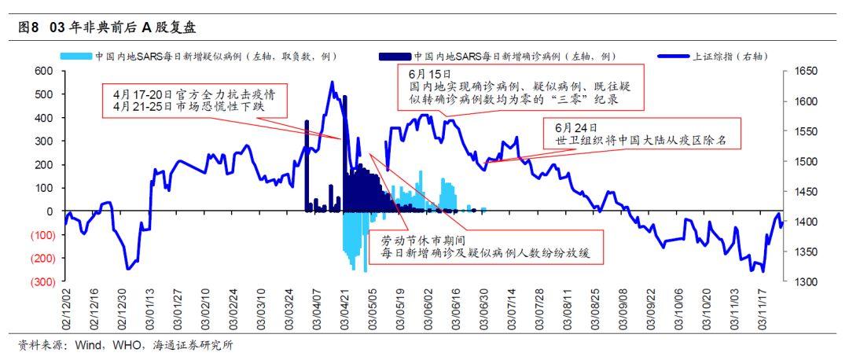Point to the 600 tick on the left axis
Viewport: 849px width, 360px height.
pyautogui.click(x=44, y=71)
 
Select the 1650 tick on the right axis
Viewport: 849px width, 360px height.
pyautogui.click(x=807, y=71)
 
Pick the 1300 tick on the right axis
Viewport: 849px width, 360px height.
pyautogui.click(x=807, y=282)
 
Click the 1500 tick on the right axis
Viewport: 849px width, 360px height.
pyautogui.click(x=807, y=162)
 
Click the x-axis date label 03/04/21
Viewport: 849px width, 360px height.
pyautogui.click(x=345, y=311)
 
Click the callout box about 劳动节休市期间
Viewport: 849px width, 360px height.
pyautogui.click(x=485, y=247)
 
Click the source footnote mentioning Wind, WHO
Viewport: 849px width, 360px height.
pyautogui.click(x=126, y=345)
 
